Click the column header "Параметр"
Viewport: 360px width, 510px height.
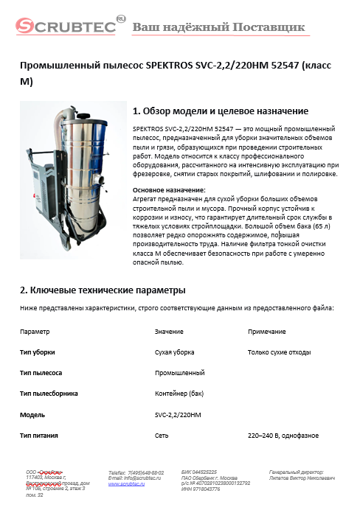click(35, 332)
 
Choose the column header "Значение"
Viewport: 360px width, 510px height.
click(169, 332)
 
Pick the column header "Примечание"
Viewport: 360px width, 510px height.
click(266, 332)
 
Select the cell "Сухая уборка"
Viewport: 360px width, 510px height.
click(175, 352)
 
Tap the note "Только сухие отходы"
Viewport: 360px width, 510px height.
click(280, 352)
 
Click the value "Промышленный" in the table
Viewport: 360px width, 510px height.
click(179, 373)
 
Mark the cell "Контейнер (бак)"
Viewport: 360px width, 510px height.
click(179, 394)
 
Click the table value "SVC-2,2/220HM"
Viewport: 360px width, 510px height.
click(178, 415)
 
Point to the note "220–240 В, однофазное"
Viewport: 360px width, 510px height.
click(283, 436)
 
